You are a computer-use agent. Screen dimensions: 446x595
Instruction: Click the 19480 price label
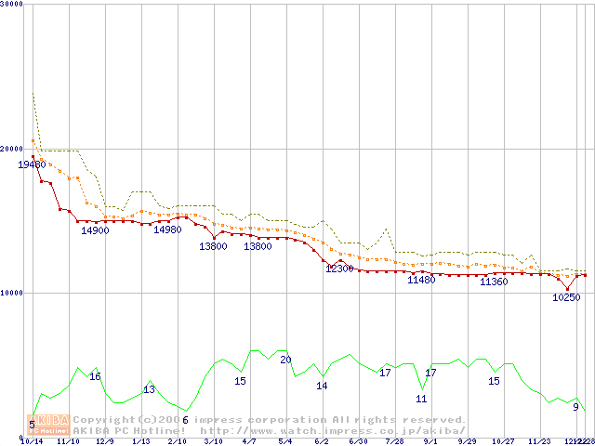pos(32,164)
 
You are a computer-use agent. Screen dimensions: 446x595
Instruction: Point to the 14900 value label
pos(95,230)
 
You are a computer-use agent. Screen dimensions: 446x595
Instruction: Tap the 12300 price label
pos(339,269)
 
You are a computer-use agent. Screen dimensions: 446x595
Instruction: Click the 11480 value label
pos(421,280)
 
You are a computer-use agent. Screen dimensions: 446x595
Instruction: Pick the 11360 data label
pos(494,282)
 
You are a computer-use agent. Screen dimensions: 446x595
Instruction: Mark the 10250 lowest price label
pos(566,297)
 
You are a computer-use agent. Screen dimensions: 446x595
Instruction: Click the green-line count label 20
pos(285,360)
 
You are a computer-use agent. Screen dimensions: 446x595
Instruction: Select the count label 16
pos(95,376)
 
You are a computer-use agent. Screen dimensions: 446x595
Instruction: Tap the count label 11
pos(421,399)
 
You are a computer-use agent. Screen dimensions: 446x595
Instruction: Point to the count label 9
pos(575,407)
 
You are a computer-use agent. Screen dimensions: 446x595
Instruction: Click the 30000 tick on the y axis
pos(13,5)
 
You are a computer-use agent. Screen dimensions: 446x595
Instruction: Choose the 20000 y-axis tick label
pos(13,149)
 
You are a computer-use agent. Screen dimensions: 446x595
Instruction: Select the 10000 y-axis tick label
pos(13,293)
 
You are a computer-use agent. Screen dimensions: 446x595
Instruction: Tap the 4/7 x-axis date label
pos(249,441)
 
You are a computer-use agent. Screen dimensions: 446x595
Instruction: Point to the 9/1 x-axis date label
pos(430,441)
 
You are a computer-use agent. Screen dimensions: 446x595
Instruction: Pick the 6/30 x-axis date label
pos(358,441)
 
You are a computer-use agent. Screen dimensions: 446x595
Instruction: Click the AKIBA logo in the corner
pos(48,425)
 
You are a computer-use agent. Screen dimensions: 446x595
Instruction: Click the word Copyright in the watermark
pos(104,420)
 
